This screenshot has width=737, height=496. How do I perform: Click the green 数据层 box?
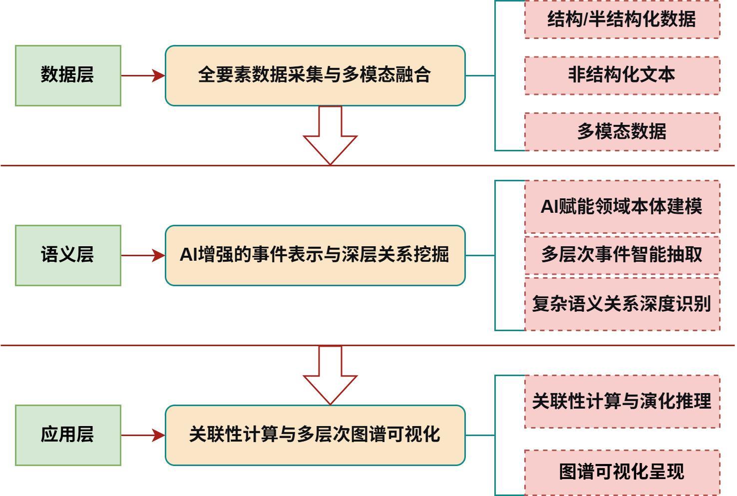68,75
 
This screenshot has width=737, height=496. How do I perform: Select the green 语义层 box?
68,255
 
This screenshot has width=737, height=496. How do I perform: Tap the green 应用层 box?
68,435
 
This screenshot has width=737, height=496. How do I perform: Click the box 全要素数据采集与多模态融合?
315,75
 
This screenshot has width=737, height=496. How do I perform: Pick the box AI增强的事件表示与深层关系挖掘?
315,255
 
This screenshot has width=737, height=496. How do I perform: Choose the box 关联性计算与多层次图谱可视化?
315,435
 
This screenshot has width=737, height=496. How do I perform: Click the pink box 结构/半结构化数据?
622,19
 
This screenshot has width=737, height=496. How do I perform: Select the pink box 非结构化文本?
622,75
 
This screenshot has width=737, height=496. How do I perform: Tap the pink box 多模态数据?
622,131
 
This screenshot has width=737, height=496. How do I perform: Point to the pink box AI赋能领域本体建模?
622,207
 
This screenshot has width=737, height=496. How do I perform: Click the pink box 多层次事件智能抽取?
622,255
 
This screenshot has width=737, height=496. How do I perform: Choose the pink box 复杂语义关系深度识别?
622,304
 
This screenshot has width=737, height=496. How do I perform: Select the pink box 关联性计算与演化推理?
622,401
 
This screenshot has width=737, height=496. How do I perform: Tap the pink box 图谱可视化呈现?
622,472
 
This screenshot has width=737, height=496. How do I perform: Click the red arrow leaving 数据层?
143,75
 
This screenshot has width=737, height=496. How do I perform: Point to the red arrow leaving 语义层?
143,255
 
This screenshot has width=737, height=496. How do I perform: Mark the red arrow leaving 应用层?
143,435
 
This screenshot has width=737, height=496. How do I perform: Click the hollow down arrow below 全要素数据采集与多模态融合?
330,137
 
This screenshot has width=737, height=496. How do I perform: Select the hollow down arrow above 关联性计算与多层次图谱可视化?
330,377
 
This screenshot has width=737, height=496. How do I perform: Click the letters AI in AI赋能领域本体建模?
549,207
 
